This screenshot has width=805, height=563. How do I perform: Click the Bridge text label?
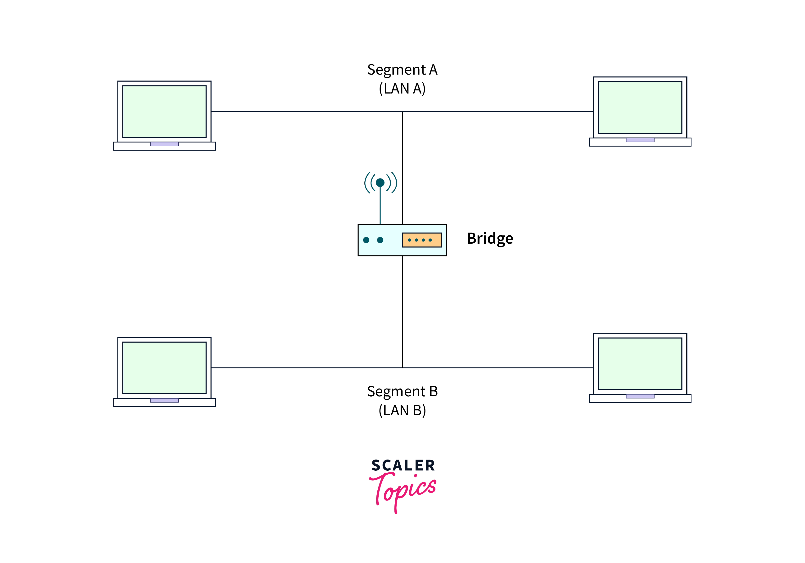click(x=490, y=239)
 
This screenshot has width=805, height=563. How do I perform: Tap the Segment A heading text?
click(x=402, y=70)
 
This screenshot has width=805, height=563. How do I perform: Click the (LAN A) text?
click(x=402, y=89)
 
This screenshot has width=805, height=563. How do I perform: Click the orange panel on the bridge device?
click(x=422, y=240)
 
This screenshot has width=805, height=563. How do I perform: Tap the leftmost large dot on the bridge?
click(x=366, y=240)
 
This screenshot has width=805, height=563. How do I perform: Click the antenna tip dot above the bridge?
click(x=380, y=183)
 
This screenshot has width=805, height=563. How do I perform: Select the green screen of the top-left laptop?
click(x=165, y=112)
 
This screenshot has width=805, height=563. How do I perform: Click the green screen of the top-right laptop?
click(x=640, y=107)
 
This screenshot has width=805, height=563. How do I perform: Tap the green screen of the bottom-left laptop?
click(x=165, y=368)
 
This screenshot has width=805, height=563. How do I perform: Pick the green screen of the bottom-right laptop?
click(x=640, y=363)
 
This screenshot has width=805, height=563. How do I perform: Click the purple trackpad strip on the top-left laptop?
click(x=165, y=144)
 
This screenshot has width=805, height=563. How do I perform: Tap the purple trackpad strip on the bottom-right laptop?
click(x=640, y=396)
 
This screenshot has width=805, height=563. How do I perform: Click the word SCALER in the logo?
click(x=403, y=465)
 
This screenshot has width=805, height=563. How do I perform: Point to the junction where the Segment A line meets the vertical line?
click(x=402, y=112)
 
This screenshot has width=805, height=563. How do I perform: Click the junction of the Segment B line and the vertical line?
click(x=402, y=368)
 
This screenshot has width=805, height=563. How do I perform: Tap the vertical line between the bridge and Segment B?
click(x=402, y=312)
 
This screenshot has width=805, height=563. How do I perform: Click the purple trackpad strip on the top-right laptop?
click(x=640, y=140)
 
